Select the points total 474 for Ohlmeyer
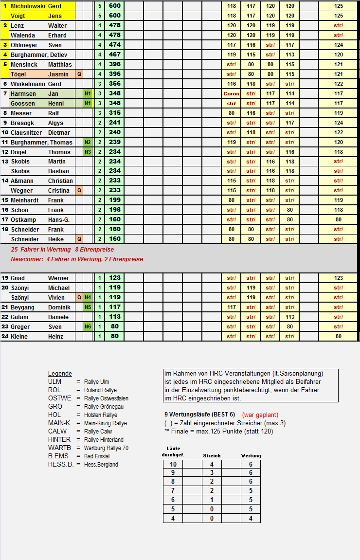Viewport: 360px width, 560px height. pos(115,45)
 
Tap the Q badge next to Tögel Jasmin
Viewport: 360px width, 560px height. pos(79,74)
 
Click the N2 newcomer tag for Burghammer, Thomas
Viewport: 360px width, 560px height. pos(88,143)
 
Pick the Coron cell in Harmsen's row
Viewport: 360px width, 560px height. pos(231,94)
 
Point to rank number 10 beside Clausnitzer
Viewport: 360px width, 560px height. pos(5,133)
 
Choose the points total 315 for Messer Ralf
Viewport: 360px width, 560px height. pos(115,113)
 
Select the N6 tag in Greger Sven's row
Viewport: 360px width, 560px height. pos(88,327)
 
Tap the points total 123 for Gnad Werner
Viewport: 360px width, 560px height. pos(115,278)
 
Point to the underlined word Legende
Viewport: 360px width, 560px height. pos(60,374)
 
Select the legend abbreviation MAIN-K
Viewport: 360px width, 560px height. pos(59,423)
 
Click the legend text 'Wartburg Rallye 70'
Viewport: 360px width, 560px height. pos(106,448)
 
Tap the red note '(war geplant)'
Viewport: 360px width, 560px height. pos(260,415)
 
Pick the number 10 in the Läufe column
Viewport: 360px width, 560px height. pos(173,465)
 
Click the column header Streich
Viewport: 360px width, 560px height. pos(212,456)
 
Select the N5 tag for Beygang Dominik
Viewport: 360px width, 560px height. pos(88,307)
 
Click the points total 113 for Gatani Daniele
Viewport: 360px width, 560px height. pos(115,317)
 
